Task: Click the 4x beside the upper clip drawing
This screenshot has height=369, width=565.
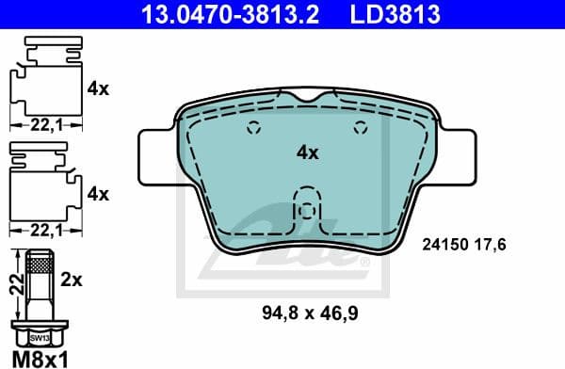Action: [x=98, y=89]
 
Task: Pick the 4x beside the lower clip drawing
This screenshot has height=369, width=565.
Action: [x=98, y=194]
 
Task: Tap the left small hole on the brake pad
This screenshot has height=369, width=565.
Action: [x=251, y=130]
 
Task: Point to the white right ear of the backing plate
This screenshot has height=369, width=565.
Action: [x=460, y=155]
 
